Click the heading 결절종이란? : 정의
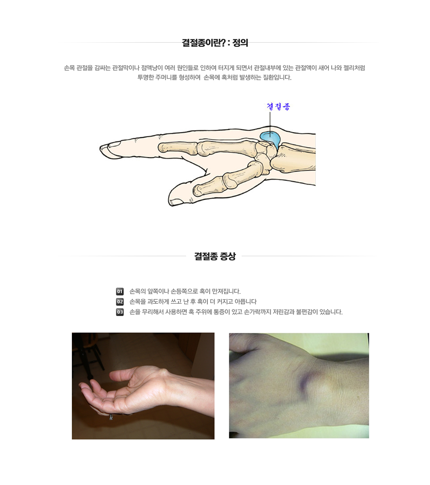tap(215, 43)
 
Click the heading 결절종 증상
tap(215, 256)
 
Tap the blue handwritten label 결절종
tap(278, 107)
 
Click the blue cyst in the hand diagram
tap(271, 139)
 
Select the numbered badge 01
tap(120, 291)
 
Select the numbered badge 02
tap(120, 302)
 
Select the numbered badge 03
tap(120, 312)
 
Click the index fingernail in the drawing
tap(114, 144)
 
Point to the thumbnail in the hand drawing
tap(176, 202)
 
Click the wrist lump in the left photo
tap(163, 373)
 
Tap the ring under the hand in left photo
tap(111, 417)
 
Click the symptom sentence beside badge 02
tap(193, 302)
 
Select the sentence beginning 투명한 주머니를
tap(214, 78)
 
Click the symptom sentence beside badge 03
tap(236, 312)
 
